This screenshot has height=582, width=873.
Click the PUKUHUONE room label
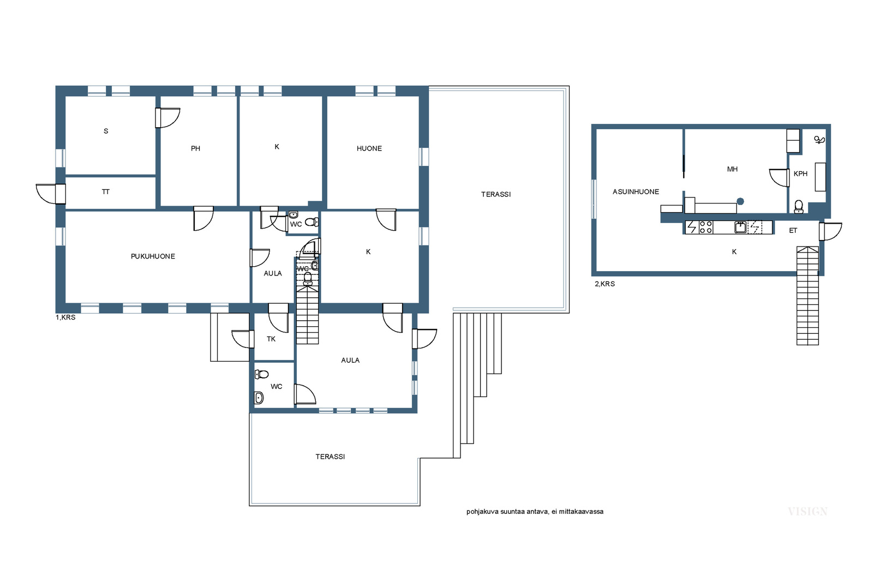(x=153, y=256)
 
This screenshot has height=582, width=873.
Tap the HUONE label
(x=369, y=148)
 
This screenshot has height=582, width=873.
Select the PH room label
(x=196, y=148)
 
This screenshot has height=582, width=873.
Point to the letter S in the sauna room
(x=106, y=131)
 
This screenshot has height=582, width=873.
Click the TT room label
(x=106, y=191)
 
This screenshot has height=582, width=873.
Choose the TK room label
(x=271, y=339)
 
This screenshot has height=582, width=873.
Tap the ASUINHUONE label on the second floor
(x=636, y=191)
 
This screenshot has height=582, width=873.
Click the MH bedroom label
(x=732, y=169)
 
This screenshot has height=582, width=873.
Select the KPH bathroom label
(x=800, y=174)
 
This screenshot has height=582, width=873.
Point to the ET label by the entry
(x=793, y=231)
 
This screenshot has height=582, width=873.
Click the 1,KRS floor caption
(x=65, y=317)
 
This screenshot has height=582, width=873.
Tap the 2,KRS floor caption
(x=605, y=284)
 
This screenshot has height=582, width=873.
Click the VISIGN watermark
(x=808, y=512)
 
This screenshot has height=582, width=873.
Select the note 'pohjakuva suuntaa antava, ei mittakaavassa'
(x=535, y=512)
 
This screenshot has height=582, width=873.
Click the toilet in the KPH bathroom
(x=799, y=207)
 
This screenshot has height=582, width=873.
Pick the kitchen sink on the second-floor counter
(x=740, y=227)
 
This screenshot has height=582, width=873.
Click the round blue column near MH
(x=740, y=201)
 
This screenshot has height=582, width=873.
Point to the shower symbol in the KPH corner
(x=819, y=140)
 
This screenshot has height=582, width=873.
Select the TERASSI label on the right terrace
(x=496, y=194)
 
